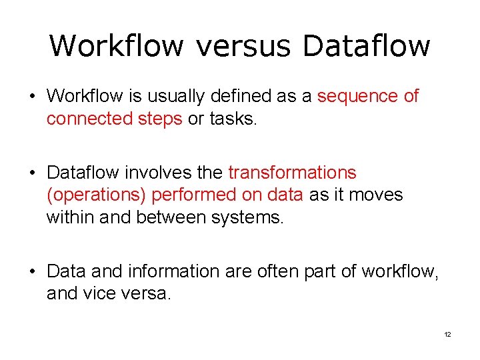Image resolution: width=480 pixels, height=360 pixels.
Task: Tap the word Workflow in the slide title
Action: tap(116, 46)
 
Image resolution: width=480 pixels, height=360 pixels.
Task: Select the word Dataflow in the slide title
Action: tap(366, 46)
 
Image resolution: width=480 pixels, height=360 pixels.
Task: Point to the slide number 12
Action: tap(447, 334)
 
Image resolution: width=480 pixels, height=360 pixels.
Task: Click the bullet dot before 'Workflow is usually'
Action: tap(31, 97)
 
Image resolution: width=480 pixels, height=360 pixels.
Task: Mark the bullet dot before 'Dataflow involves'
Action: tap(31, 173)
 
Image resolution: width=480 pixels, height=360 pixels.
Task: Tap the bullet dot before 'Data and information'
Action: tap(31, 272)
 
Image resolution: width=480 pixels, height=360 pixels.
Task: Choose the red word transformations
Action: tap(292, 173)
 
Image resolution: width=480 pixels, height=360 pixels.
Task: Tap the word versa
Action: tap(147, 293)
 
